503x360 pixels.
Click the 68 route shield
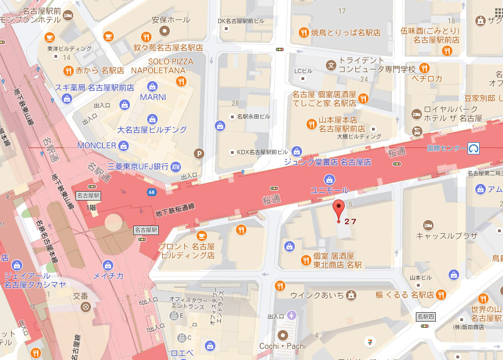(152, 192)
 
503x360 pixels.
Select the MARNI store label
(153, 97)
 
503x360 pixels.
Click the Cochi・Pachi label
(283, 346)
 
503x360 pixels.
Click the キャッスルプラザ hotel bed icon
(428, 224)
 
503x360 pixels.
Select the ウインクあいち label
(320, 295)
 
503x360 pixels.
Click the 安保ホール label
(170, 19)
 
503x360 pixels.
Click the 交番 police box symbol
(85, 306)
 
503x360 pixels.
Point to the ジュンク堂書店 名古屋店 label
(327, 162)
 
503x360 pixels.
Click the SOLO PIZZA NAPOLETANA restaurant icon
(181, 82)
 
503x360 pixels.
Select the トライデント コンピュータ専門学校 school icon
(331, 65)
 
